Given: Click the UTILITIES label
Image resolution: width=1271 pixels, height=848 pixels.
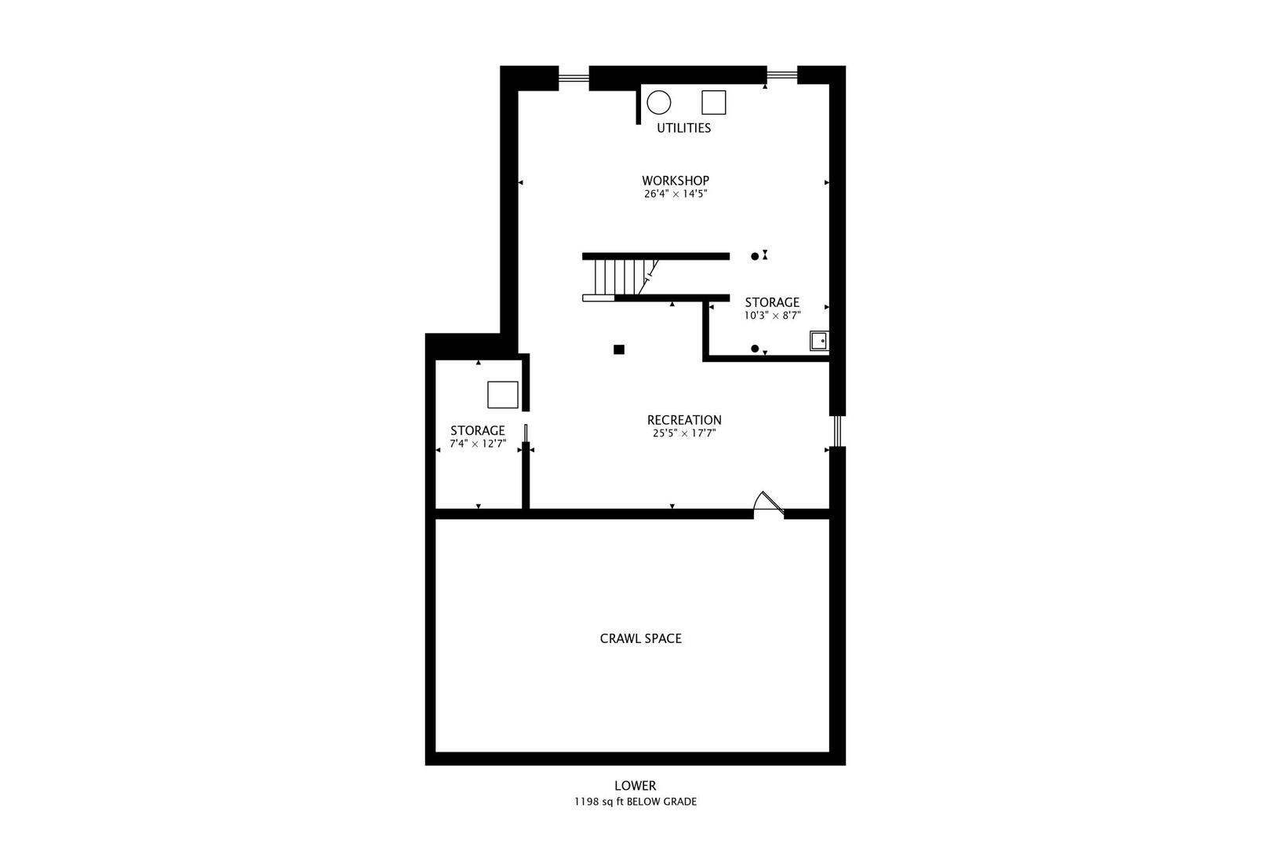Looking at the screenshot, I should pos(683,128).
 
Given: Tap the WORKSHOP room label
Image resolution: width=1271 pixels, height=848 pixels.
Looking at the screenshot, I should pos(675,181).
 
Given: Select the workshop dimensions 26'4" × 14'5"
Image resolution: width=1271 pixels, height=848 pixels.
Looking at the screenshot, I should pos(675,194).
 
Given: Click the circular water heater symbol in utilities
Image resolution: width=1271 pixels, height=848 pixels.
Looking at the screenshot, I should pos(659,103).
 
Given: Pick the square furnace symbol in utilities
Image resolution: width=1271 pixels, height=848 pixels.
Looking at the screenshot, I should pos(713,102).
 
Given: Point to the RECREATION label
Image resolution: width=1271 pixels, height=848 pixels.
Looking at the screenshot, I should pos(684,420).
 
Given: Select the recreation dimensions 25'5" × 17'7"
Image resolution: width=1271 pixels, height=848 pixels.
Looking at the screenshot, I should pos(684,433).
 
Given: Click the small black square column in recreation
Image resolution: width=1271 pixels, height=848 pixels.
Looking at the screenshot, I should pos(619,349).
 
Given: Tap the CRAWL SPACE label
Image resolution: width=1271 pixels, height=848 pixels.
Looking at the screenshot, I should pos(640,638).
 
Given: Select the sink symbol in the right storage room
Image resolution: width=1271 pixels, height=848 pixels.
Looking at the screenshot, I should pos(818,341).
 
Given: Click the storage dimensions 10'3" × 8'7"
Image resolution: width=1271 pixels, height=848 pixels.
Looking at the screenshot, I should pos(772,316).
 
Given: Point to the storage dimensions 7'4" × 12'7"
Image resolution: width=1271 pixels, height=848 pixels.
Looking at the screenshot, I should pos(477,444).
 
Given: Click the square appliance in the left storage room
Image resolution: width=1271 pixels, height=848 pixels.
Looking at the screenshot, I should pos(502,394).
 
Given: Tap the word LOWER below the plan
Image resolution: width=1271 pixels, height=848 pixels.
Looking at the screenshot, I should pos(635,785).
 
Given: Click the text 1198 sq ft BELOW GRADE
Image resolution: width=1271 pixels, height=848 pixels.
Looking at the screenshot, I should pos(635,802).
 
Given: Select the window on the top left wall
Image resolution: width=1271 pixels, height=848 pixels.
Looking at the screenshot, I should pos(574,77).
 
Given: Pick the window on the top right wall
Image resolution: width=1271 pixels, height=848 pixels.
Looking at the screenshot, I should pos(781,75).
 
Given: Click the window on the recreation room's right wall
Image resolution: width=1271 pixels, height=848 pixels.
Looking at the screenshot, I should pos(837,430).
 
